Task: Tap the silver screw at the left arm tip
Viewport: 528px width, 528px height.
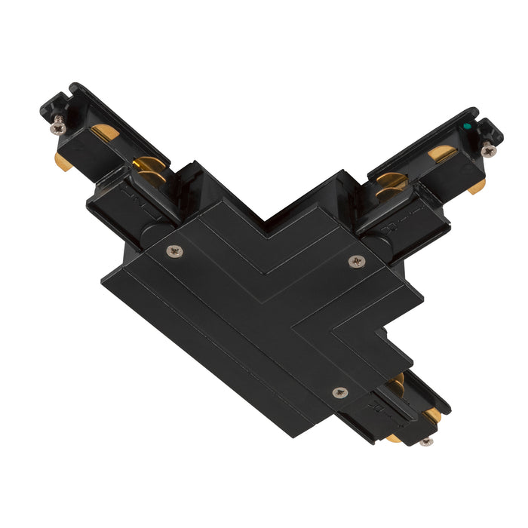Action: [x=57, y=127]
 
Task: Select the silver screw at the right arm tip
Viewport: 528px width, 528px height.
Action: [x=489, y=151]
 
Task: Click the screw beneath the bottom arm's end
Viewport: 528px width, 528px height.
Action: [x=427, y=441]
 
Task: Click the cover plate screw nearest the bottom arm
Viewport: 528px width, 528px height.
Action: [x=339, y=392]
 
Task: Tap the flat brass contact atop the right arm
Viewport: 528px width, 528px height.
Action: [x=442, y=154]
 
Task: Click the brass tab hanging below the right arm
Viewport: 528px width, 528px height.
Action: [x=477, y=186]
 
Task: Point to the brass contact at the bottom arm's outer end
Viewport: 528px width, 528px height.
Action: [x=432, y=416]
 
